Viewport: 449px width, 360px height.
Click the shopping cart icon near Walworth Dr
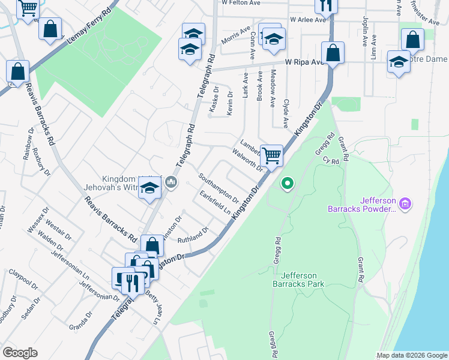pyautogui.click(x=273, y=156)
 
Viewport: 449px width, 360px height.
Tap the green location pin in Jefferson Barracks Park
pyautogui.click(x=288, y=184)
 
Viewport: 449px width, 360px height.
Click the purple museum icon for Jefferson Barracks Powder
pyautogui.click(x=405, y=205)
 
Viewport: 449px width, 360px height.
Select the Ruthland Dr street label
pyautogui.click(x=193, y=235)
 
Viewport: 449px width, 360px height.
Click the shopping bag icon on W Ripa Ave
pyautogui.click(x=333, y=53)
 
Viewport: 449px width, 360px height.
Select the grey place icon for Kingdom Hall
pyautogui.click(x=171, y=181)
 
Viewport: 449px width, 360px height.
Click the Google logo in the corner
pyautogui.click(x=20, y=353)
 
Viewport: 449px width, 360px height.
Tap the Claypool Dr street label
pyautogui.click(x=22, y=280)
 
